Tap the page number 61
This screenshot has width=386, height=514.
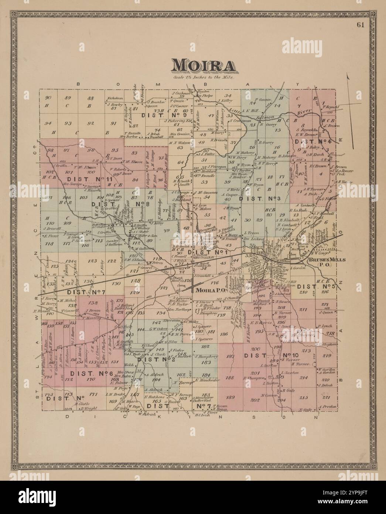tap(361, 25)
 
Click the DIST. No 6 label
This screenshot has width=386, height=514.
tap(91, 373)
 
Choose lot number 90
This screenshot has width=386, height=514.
tap(47, 98)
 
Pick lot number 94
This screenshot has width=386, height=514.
tap(47, 123)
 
